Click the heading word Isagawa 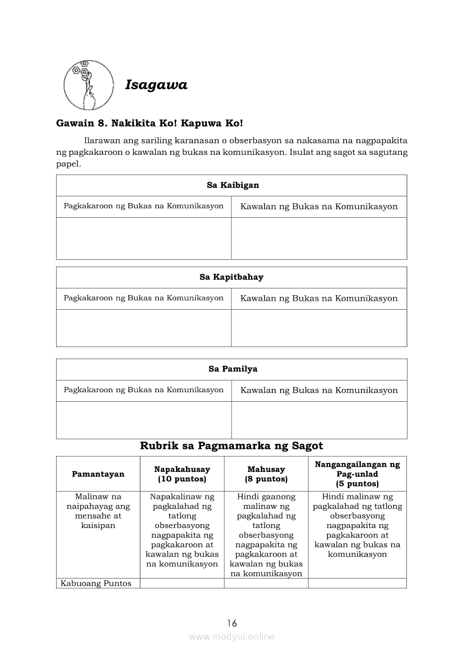click(x=156, y=85)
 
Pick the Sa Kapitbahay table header click(x=231, y=277)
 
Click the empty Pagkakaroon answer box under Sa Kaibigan click(x=143, y=238)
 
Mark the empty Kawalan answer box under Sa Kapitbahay click(x=319, y=328)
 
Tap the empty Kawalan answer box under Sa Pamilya click(x=319, y=420)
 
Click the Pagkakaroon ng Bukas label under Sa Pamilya click(x=143, y=390)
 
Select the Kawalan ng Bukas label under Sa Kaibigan click(x=319, y=207)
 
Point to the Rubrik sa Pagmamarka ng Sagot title click(x=231, y=446)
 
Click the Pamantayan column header click(x=98, y=474)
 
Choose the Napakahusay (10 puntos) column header click(x=182, y=474)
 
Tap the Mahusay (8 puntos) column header click(x=266, y=474)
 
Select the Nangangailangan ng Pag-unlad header click(x=357, y=474)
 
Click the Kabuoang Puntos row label click(x=96, y=584)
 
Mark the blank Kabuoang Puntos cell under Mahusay click(x=266, y=584)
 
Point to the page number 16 click(x=232, y=623)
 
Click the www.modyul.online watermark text click(x=231, y=637)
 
